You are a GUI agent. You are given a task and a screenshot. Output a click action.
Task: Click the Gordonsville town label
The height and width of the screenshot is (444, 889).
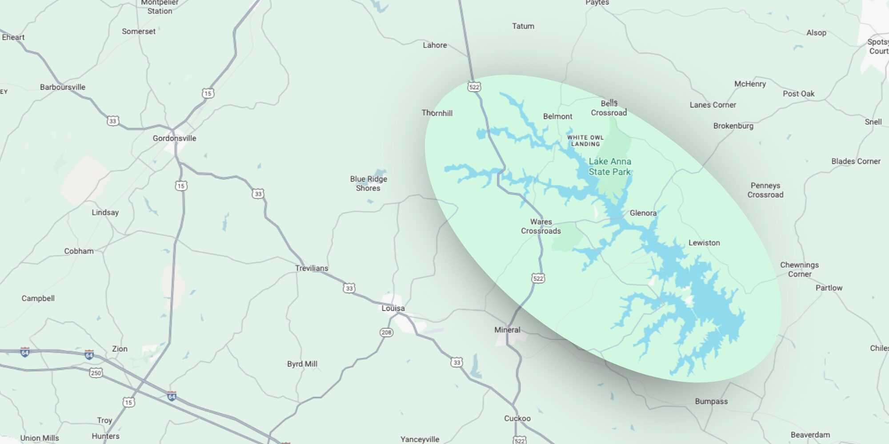click(174, 139)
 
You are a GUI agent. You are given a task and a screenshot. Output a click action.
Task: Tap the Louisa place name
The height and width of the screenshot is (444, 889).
click(393, 308)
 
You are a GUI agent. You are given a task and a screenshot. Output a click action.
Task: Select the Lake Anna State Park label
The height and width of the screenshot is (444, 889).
click(610, 166)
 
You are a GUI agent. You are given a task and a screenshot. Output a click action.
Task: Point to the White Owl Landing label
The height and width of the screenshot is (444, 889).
click(585, 141)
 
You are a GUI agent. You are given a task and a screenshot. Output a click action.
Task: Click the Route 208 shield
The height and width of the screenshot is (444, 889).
click(386, 332)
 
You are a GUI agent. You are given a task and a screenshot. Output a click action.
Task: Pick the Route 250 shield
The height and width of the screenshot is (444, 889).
click(96, 373)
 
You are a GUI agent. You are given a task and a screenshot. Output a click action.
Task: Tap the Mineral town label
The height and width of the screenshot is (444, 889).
click(507, 330)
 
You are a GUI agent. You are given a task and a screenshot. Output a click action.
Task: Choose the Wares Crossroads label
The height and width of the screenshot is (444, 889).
click(541, 226)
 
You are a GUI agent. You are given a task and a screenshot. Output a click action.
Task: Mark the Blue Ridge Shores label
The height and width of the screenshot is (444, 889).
click(368, 183)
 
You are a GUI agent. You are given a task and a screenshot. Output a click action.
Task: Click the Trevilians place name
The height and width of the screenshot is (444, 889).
click(312, 268)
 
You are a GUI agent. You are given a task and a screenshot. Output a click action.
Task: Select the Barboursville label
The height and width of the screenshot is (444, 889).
click(63, 87)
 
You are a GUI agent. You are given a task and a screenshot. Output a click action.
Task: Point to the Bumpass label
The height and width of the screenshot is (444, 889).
click(711, 401)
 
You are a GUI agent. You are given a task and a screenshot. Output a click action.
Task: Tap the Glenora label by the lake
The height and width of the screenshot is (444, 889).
click(643, 213)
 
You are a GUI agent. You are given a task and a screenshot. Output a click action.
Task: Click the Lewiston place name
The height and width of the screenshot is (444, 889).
click(704, 243)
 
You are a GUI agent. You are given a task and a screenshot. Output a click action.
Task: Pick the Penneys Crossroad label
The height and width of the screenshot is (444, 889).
click(765, 190)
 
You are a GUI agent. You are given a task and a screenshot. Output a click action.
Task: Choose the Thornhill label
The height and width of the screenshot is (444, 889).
click(437, 113)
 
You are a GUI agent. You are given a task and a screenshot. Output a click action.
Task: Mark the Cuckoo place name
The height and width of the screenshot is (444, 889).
click(517, 418)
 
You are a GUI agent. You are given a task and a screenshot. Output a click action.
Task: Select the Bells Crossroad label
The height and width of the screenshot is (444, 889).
click(609, 108)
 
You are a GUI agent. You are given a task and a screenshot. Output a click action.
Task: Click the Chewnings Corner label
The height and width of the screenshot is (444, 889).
click(799, 270)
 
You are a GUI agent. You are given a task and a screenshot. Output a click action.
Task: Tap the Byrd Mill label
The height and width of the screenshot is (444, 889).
click(302, 364)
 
